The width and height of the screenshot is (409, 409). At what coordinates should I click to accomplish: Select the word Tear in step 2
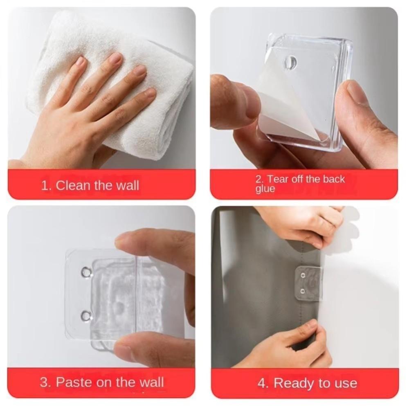click(x=278, y=179)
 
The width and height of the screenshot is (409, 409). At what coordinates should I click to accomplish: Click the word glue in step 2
click(x=265, y=189)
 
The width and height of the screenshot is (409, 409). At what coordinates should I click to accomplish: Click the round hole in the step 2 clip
click(x=290, y=63)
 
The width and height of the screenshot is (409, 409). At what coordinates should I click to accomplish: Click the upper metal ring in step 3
click(x=86, y=272)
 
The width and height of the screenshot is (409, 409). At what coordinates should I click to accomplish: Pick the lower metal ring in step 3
click(x=86, y=316)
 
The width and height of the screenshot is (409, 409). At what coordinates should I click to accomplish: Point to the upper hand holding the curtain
click(x=307, y=225)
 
